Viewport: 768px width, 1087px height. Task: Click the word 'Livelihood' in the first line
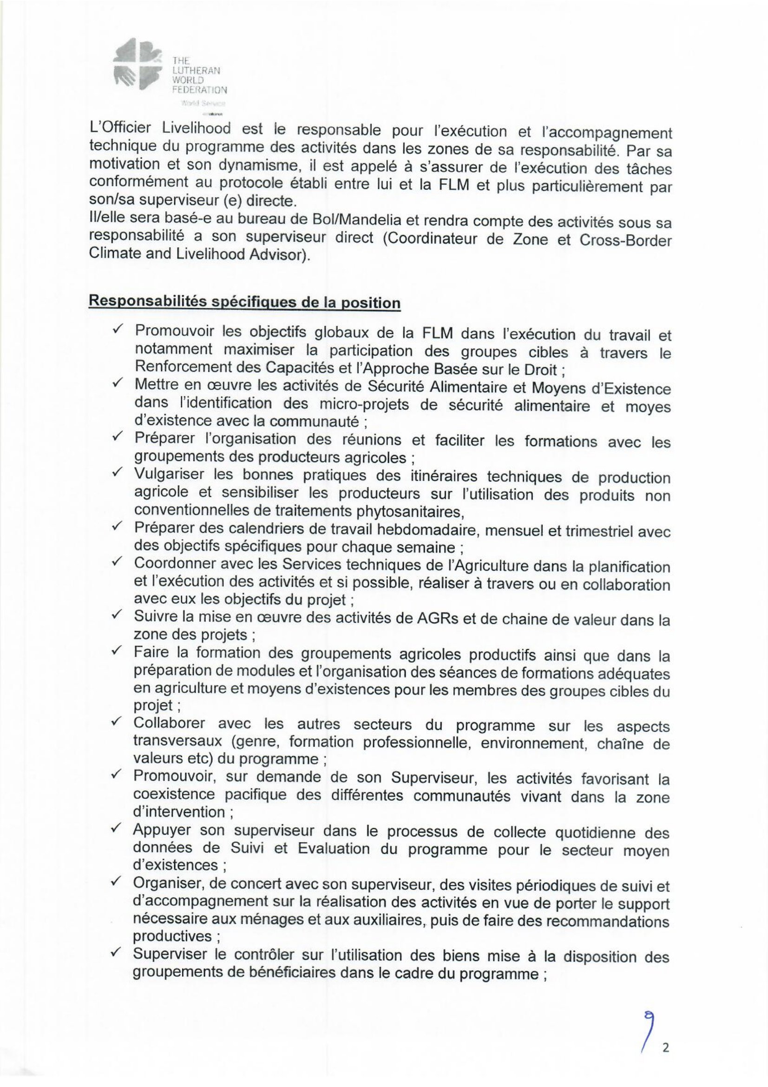tap(196, 129)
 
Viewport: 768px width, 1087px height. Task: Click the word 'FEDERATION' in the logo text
tap(200, 90)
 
